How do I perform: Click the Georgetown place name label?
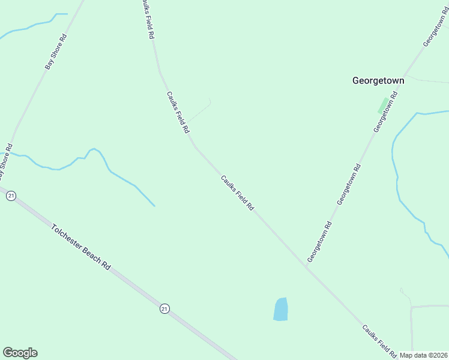click(378, 80)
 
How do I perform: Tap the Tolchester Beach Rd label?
click(82, 247)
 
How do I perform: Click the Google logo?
click(20, 353)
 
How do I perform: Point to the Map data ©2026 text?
click(424, 355)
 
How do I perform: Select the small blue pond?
click(280, 309)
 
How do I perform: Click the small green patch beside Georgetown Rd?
click(382, 105)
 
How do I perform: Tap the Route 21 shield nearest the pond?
click(164, 308)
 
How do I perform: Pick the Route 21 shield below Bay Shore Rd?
click(11, 195)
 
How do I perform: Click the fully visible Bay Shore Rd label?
click(56, 52)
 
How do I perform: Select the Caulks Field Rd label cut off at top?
click(148, 19)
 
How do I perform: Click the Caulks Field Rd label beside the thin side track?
click(178, 112)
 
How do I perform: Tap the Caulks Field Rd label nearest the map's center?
click(237, 193)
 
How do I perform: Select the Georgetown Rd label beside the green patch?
click(386, 112)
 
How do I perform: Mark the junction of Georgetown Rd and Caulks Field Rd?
click(307, 267)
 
